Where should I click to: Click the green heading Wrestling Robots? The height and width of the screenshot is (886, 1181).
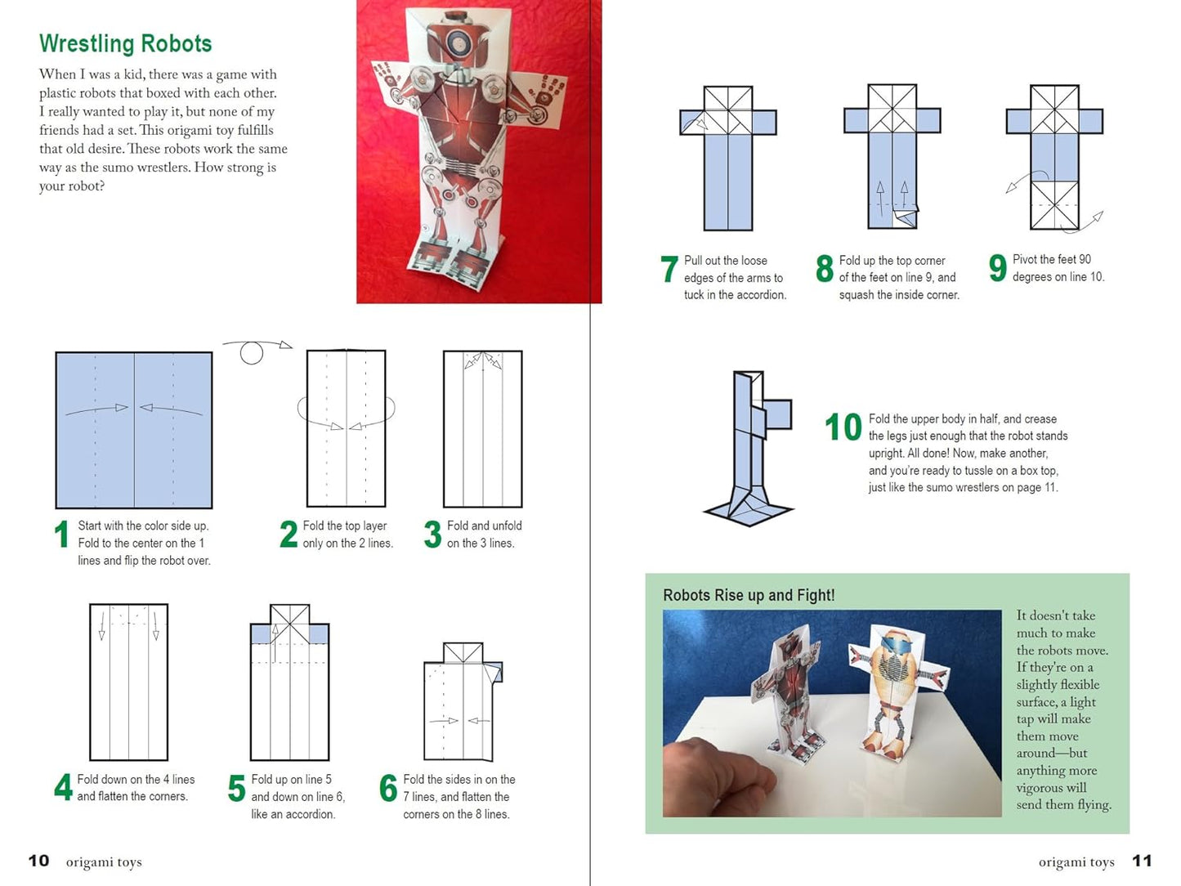(125, 43)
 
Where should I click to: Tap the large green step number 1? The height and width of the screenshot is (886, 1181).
(61, 535)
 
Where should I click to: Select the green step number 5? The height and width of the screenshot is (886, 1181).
(236, 789)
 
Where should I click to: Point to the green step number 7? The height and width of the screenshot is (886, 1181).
(669, 269)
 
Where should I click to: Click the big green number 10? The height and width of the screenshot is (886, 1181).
(843, 427)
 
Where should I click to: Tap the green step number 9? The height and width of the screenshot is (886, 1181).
(997, 268)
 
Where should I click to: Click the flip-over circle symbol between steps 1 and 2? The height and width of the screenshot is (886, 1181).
(252, 353)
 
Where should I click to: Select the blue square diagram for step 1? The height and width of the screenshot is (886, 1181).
(134, 430)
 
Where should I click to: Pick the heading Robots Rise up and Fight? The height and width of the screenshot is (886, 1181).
(749, 595)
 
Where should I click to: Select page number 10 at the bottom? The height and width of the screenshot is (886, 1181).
(38, 861)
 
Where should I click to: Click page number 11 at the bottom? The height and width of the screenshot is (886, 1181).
(1141, 861)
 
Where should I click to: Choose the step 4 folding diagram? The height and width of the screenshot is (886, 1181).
(128, 682)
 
